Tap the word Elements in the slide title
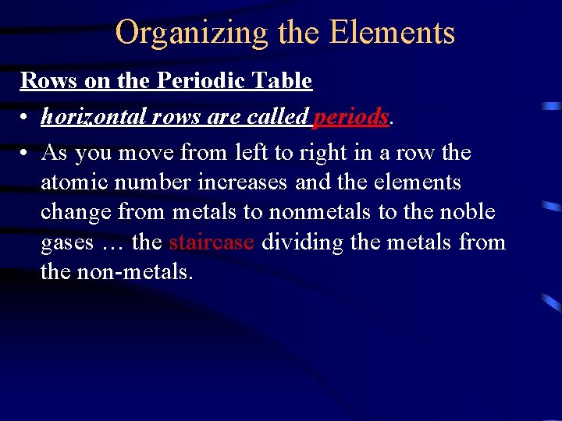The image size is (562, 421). [392, 33]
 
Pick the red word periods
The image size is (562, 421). [350, 117]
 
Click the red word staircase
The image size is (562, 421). [212, 242]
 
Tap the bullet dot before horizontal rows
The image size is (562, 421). [26, 117]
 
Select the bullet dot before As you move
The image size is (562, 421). [26, 153]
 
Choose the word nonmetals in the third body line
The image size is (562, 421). [310, 212]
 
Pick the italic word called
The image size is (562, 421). [278, 116]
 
